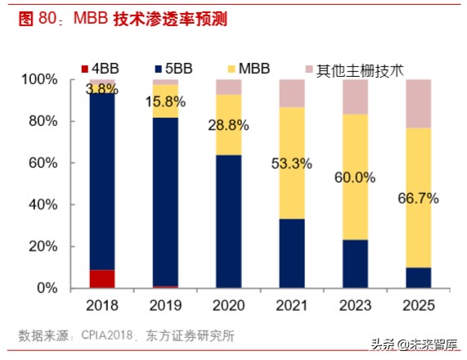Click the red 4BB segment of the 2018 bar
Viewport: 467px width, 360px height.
tap(101, 279)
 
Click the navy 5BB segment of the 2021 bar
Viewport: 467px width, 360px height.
tap(292, 253)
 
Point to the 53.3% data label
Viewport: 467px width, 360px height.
tap(292, 163)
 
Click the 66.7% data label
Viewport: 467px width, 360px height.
tap(419, 197)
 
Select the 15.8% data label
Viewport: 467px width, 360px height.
tap(165, 102)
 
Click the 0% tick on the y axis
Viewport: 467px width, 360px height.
tap(45, 288)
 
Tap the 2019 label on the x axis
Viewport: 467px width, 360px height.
tap(165, 305)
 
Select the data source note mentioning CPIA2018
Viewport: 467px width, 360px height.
tap(127, 335)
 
